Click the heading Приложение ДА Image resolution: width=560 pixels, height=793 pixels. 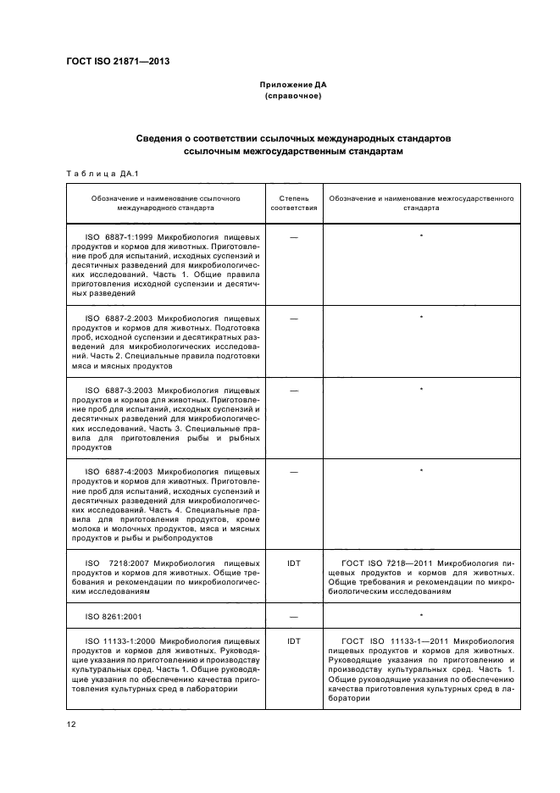293,86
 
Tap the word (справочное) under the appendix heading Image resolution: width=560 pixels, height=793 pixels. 293,96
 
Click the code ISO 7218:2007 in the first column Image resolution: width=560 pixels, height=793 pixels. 116,563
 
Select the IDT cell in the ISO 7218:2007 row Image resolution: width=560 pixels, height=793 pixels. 293,563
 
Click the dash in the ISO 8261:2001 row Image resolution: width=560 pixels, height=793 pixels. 293,617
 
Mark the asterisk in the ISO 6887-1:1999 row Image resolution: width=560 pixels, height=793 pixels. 421,235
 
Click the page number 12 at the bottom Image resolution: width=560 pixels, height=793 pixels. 71,724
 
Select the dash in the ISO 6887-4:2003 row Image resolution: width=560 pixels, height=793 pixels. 293,470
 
